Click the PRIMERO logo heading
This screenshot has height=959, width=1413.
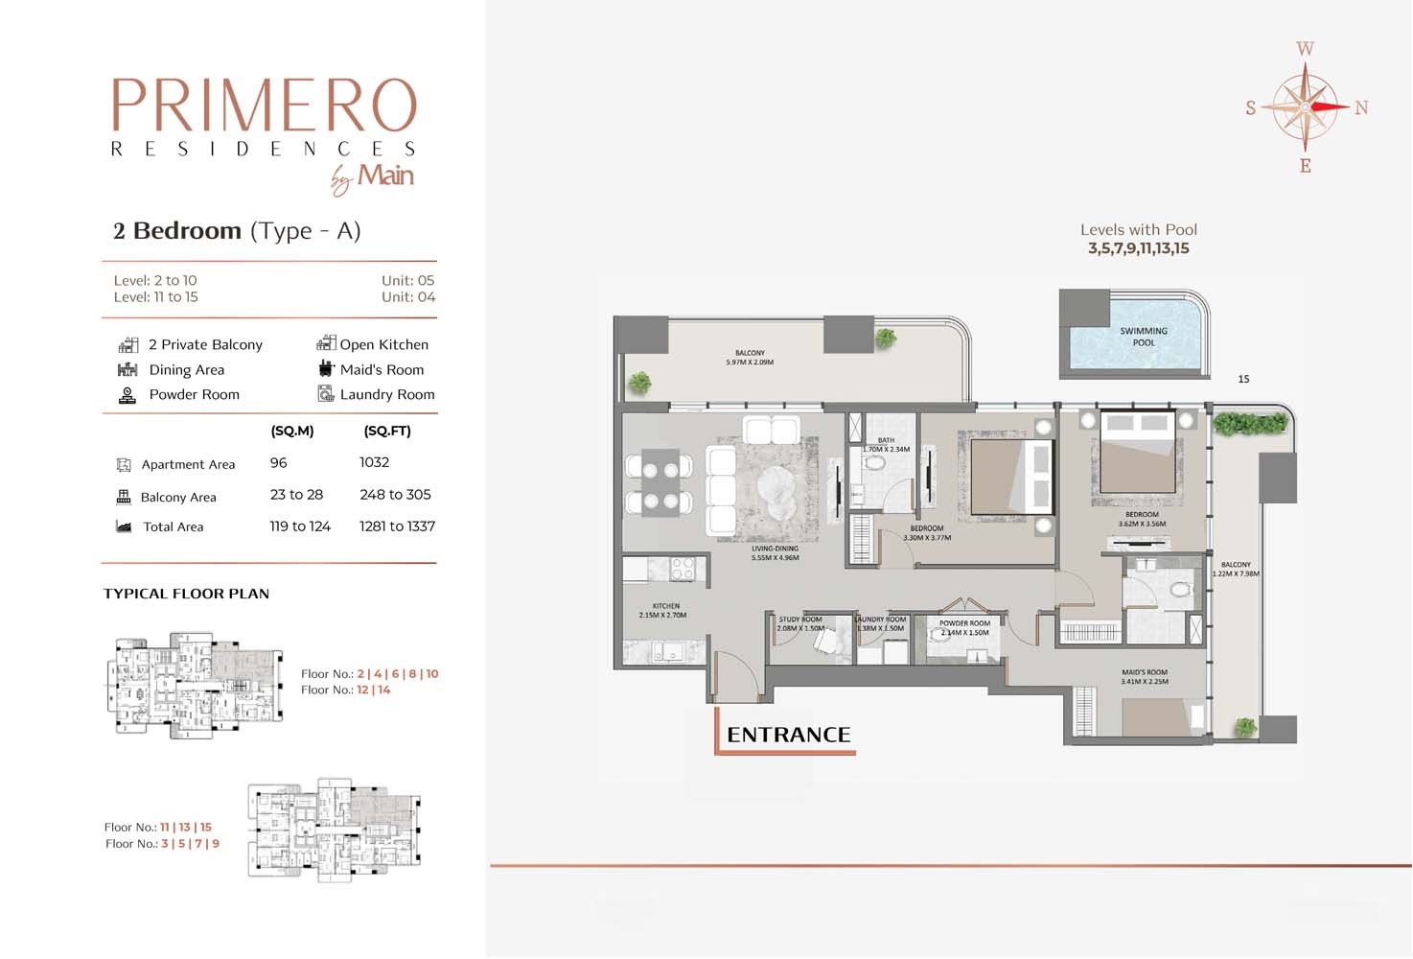pyautogui.click(x=264, y=105)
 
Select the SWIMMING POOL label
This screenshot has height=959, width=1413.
pyautogui.click(x=1143, y=337)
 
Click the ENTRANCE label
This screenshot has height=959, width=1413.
pyautogui.click(x=788, y=735)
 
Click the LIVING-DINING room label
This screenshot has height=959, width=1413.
pyautogui.click(x=775, y=553)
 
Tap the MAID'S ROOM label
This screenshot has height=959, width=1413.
pyautogui.click(x=1144, y=677)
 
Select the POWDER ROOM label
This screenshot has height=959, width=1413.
pyautogui.click(x=964, y=628)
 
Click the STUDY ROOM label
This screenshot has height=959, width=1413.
pyautogui.click(x=800, y=624)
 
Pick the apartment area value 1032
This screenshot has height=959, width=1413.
pyautogui.click(x=374, y=462)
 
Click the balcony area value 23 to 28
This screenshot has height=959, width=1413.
pyautogui.click(x=296, y=495)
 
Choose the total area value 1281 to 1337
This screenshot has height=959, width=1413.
pyautogui.click(x=397, y=526)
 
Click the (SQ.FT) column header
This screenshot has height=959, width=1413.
pyautogui.click(x=387, y=431)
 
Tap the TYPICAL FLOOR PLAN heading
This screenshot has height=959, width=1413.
pyautogui.click(x=186, y=594)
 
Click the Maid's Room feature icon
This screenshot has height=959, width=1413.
pyautogui.click(x=326, y=369)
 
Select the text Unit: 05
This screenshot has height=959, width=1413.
pyautogui.click(x=407, y=280)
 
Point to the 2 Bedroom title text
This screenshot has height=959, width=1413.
pyautogui.click(x=177, y=231)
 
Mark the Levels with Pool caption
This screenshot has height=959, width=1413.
pyautogui.click(x=1138, y=230)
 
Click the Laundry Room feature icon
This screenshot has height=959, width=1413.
pyautogui.click(x=326, y=394)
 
